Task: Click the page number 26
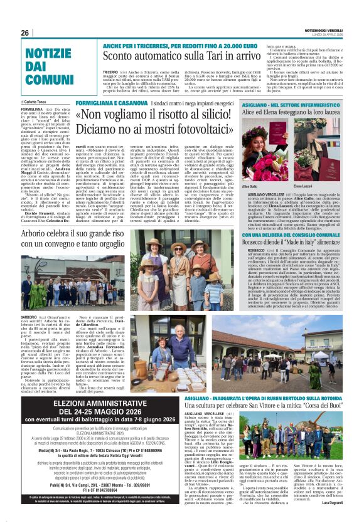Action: [25, 33]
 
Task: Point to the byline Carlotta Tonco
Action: [39, 101]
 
